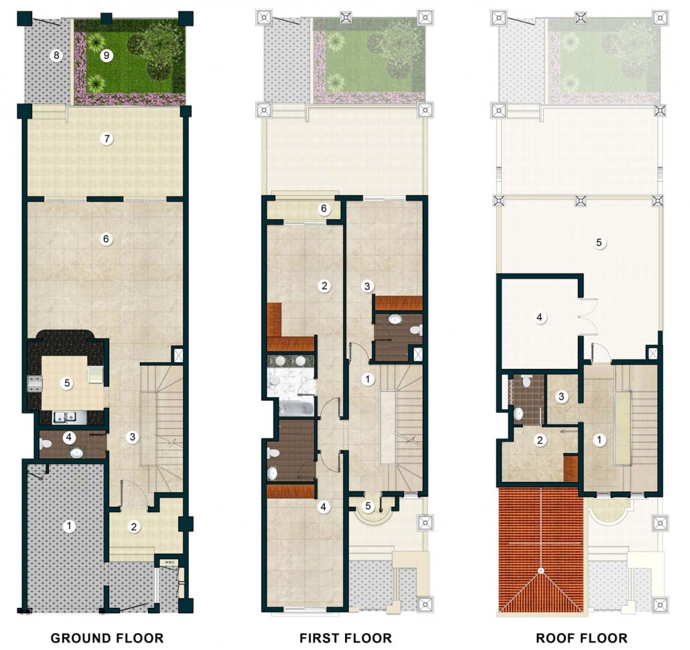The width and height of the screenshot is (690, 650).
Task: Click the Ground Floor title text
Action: tap(107, 638)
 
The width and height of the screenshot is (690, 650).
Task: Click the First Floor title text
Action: tap(346, 638)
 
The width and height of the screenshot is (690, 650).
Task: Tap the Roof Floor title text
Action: tap(581, 638)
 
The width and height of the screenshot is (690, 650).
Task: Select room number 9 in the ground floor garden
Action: tap(106, 56)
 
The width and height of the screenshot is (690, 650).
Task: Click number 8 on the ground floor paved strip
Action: tap(56, 56)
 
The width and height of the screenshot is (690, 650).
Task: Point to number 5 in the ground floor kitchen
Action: tap(67, 383)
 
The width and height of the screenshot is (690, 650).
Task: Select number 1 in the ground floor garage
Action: tap(68, 525)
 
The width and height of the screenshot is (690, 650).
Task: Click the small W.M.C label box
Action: tap(169, 562)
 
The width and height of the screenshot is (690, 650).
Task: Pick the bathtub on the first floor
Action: tap(297, 408)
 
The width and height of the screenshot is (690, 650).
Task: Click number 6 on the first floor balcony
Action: tap(324, 208)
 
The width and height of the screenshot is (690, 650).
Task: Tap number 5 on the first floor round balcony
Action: tap(368, 506)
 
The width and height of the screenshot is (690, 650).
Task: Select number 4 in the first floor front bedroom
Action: tap(324, 507)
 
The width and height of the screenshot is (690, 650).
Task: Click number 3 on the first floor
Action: tap(368, 287)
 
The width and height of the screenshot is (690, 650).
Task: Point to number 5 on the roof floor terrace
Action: tap(598, 242)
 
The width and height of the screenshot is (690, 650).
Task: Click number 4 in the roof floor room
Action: tap(539, 317)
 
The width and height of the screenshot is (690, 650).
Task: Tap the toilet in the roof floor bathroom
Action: tap(527, 382)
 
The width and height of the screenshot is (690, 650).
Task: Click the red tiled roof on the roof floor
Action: tap(541, 550)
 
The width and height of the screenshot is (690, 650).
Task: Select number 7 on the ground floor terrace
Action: tap(106, 139)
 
